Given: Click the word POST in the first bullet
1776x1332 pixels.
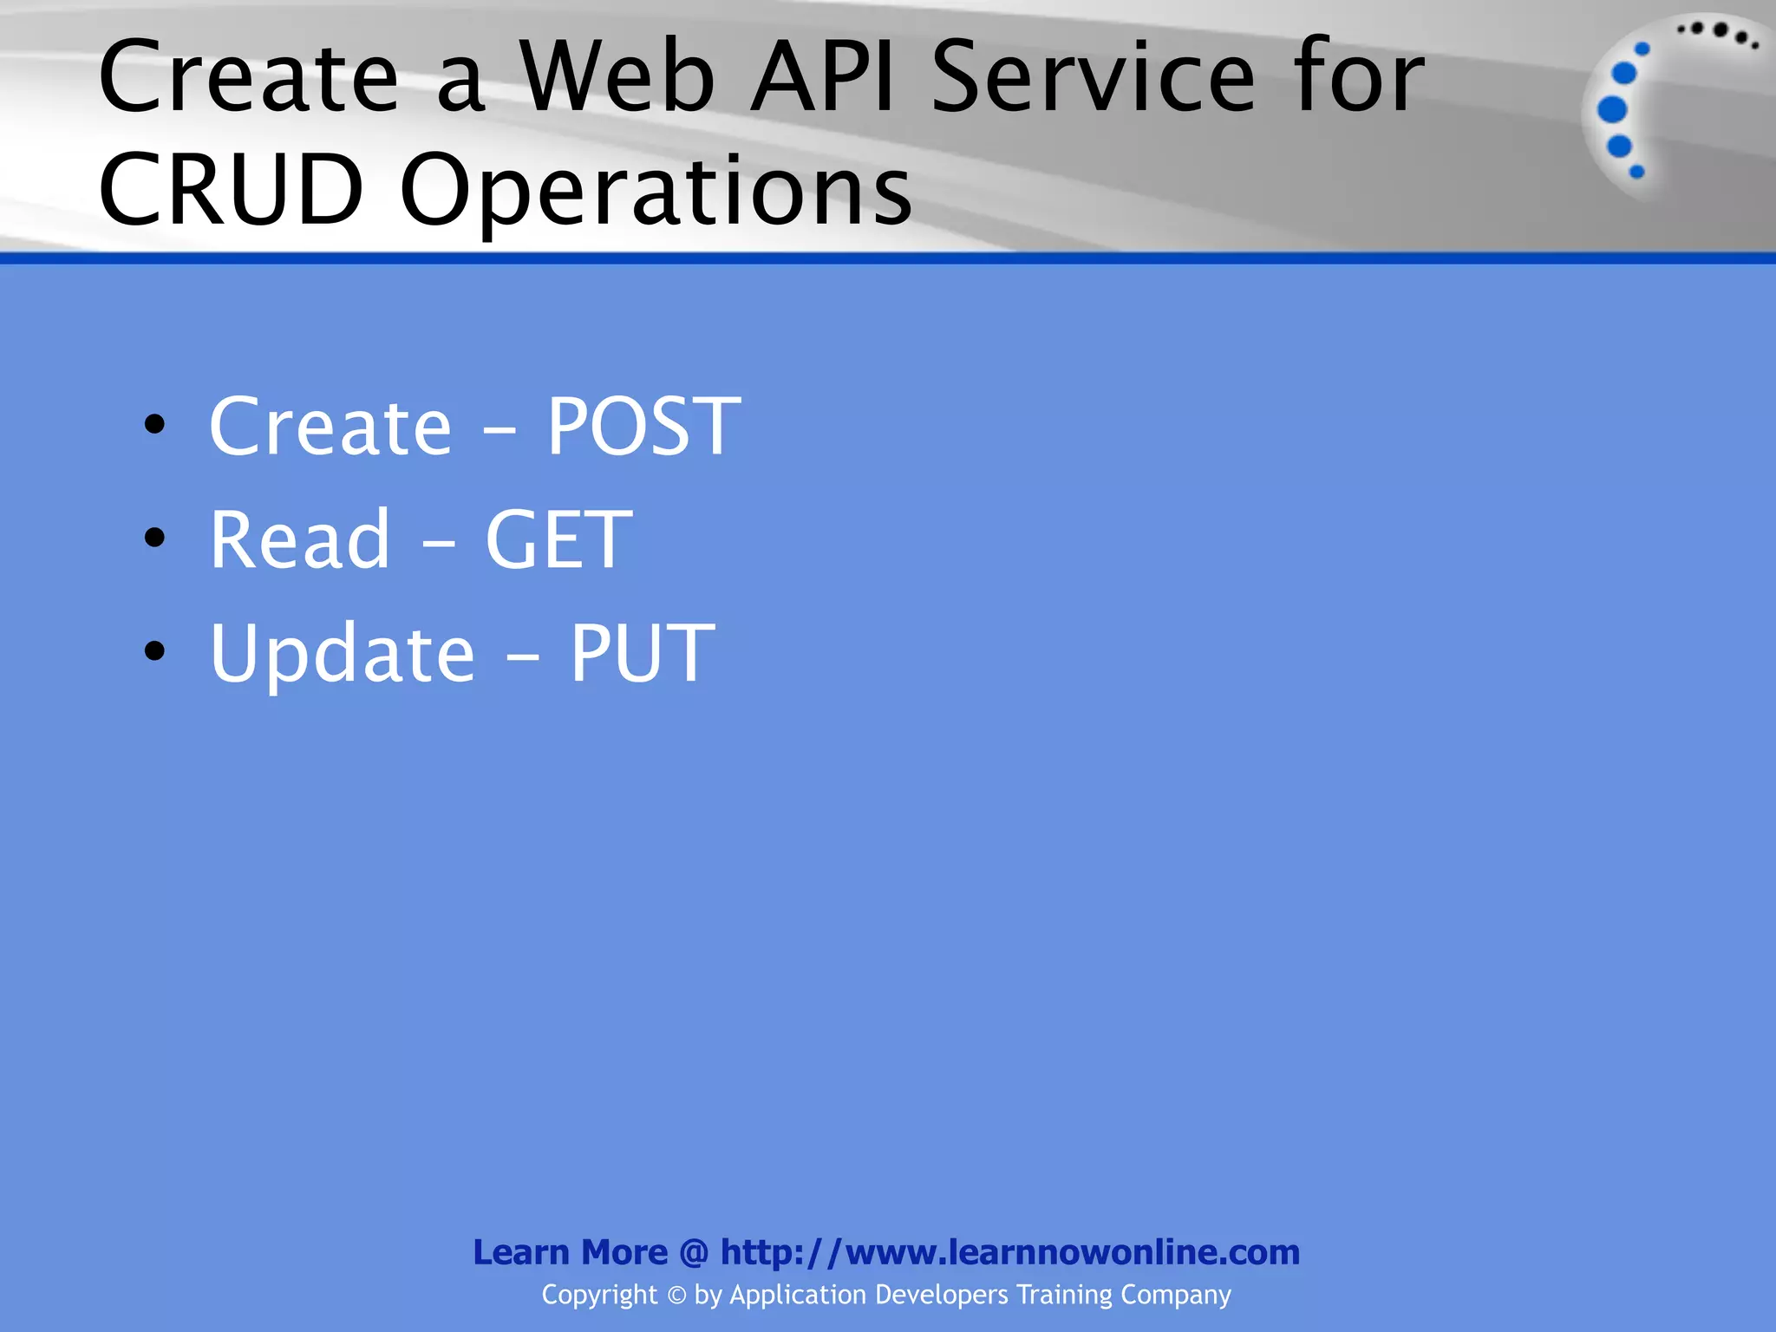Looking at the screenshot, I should (643, 426).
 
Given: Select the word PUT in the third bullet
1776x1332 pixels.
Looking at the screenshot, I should (642, 653).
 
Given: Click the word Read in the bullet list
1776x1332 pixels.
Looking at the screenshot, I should (300, 539).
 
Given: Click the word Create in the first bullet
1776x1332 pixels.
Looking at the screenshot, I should (330, 426).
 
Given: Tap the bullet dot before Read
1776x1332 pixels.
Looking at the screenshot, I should (155, 538).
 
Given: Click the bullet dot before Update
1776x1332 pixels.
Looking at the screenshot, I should (155, 651).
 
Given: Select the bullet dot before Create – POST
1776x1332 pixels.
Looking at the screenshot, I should (155, 424).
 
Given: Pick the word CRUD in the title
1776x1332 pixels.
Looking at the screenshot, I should (231, 189).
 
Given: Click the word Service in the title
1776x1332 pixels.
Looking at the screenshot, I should (1094, 78).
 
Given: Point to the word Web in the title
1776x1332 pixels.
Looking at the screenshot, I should (617, 78).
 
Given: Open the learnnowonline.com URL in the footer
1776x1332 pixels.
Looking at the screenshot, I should (1010, 1252).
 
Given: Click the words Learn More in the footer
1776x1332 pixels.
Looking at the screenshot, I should (570, 1252).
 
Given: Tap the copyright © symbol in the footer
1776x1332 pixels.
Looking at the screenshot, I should (676, 1296).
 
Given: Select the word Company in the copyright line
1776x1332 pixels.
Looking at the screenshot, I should (1175, 1296).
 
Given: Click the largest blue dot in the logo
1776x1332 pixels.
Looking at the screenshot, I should (1612, 110).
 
